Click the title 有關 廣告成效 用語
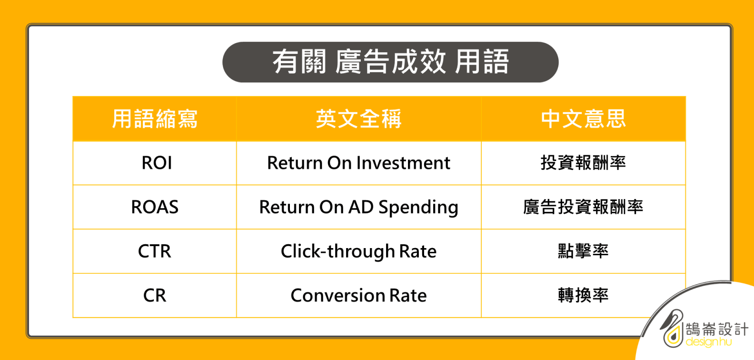pos(390,62)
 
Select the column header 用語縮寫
pos(155,119)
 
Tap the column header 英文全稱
pos(359,119)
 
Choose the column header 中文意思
pos(583,119)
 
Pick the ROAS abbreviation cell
pos(155,207)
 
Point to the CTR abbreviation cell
pos(155,251)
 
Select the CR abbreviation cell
pos(155,295)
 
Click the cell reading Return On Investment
pos(358,163)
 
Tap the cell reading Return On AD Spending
pos(358,207)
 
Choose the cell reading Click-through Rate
pos(358,251)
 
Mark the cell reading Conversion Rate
pos(358,295)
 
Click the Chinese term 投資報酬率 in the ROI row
pos(583,163)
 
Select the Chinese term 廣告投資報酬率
pos(583,207)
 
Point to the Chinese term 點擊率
pos(583,251)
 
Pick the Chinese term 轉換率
pos(583,295)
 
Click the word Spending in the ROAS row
pos(418,208)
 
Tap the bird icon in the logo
pos(672,328)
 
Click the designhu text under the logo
pos(709,342)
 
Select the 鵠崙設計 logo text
pos(717,329)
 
